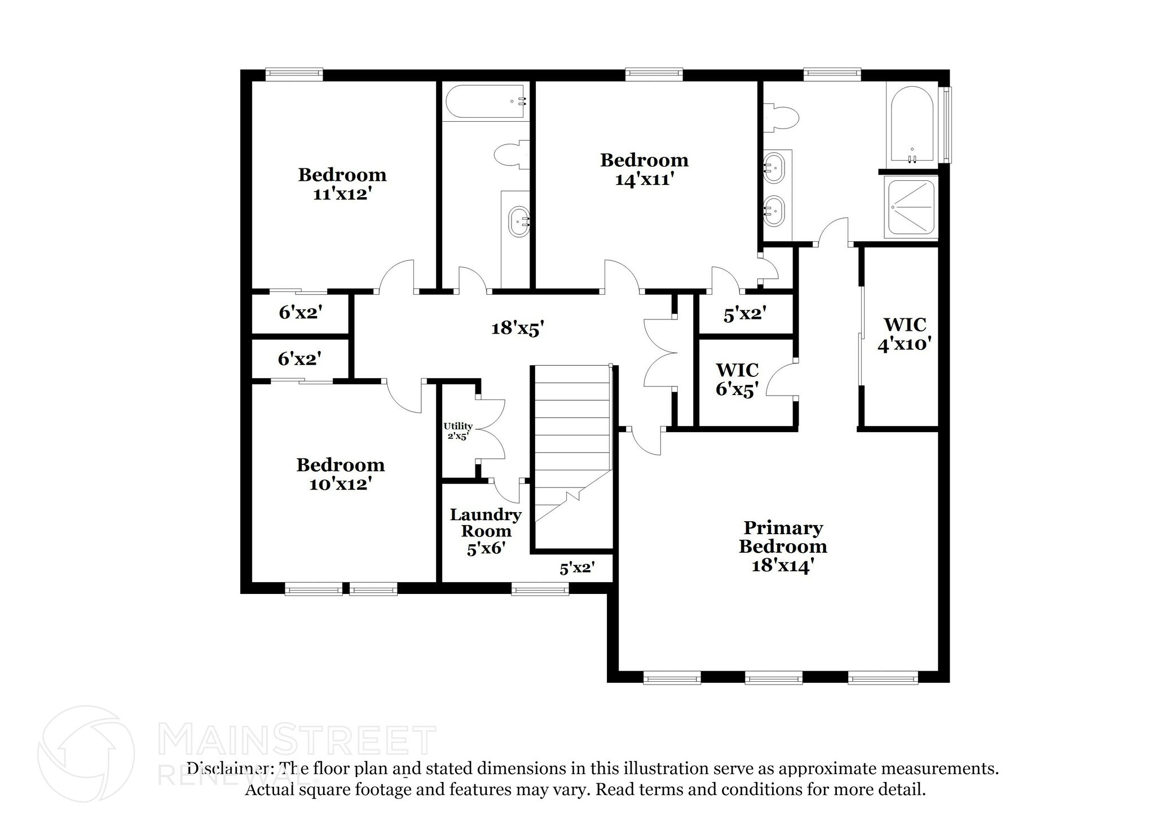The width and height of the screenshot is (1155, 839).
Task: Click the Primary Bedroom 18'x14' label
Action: pos(783,546)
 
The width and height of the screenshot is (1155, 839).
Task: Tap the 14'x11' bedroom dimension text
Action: pos(644,180)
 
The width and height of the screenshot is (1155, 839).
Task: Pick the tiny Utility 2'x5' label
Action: pos(457,431)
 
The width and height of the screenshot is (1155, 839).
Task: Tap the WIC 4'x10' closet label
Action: pos(904,334)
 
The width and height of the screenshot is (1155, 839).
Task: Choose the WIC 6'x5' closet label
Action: pos(737,379)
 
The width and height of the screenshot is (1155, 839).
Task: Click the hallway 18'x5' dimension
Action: pos(517,328)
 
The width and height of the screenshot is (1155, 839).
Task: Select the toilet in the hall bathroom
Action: pos(511,154)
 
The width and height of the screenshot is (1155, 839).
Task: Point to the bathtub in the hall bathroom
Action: pos(485,101)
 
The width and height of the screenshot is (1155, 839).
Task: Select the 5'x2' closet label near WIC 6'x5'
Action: pos(744,314)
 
